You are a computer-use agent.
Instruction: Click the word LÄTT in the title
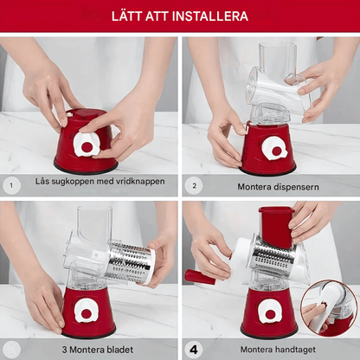(126, 16)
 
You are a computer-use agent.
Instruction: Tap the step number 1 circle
(11, 185)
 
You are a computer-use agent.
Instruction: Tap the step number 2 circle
(194, 186)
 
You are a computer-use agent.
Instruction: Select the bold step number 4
(194, 350)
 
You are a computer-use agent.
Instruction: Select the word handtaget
(295, 350)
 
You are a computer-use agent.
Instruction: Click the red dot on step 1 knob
(87, 147)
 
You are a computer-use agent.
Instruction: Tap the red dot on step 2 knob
(276, 151)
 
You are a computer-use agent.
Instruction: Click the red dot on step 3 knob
(87, 313)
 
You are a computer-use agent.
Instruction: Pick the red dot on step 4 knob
(270, 314)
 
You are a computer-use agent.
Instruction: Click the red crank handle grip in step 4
(200, 277)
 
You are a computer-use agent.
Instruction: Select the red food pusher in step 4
(276, 226)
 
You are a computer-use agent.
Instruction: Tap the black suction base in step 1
(86, 169)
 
